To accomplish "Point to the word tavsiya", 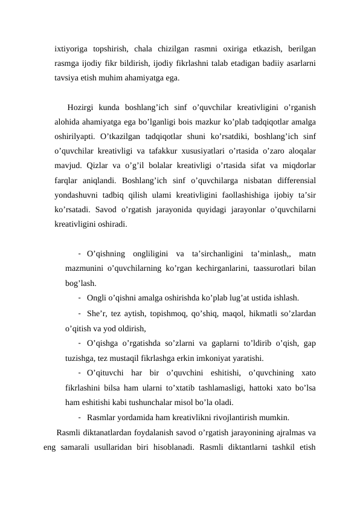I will coord(67,79).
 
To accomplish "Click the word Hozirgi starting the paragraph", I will coord(85,108).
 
